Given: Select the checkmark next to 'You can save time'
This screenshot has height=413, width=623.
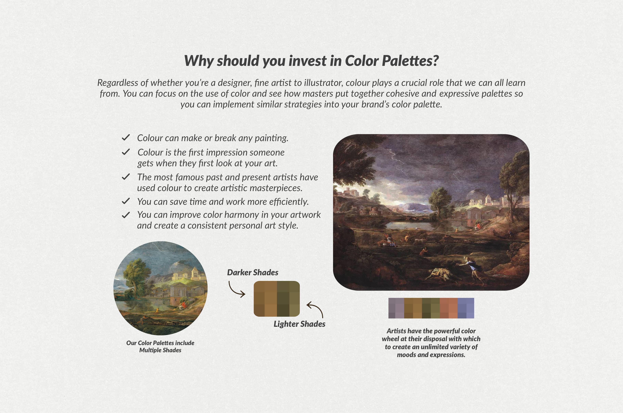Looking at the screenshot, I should (126, 201).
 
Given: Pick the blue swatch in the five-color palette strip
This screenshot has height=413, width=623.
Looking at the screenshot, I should (466, 308).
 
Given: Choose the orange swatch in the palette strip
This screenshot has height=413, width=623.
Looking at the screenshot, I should (448, 308).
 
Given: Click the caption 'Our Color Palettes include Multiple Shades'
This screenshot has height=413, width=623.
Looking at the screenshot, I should (160, 346).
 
